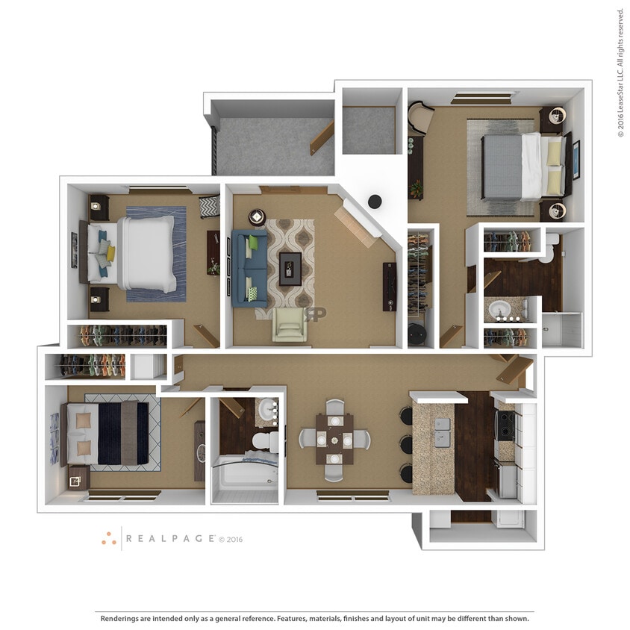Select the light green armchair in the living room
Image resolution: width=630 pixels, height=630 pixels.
click(287, 325)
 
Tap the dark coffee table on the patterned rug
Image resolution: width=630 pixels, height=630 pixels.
click(290, 268)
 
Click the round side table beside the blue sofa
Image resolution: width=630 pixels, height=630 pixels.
click(257, 217)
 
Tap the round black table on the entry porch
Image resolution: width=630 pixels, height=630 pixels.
click(375, 201)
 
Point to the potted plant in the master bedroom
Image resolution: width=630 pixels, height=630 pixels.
click(416, 189)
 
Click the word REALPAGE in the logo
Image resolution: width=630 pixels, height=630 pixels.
click(170, 538)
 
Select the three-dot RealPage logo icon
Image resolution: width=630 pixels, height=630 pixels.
click(109, 538)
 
